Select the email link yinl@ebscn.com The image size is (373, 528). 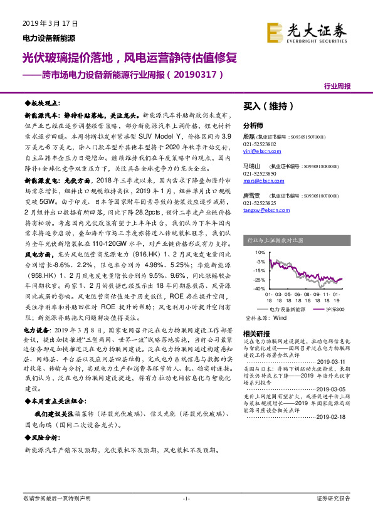258,150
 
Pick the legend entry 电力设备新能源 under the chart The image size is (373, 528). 286,309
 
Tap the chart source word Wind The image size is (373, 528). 276,318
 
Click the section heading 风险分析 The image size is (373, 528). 45,438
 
